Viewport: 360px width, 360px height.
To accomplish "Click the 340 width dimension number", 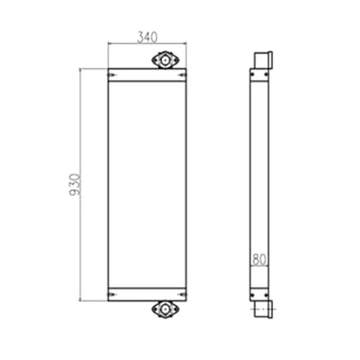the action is (x=147, y=38).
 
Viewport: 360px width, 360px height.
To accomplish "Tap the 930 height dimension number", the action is (x=75, y=184).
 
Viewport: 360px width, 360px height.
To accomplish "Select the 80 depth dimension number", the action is (x=259, y=260).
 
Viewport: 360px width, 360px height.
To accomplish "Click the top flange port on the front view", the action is (x=165, y=59).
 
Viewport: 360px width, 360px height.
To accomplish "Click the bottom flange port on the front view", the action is (x=165, y=310).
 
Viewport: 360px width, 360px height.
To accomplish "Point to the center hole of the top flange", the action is (x=165, y=59).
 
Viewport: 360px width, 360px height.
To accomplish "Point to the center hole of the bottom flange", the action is (x=165, y=310).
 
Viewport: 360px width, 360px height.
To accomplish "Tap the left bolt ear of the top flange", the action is (x=155, y=59).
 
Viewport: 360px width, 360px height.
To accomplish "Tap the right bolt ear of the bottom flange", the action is (x=175, y=310).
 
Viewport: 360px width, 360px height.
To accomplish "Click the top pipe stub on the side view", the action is (x=264, y=60).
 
